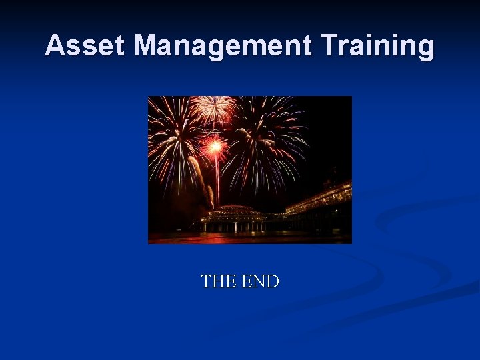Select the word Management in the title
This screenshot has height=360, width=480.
coord(223,46)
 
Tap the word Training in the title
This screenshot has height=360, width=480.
coord(377,46)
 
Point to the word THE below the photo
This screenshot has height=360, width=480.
coord(219,281)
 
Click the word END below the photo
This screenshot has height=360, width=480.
coord(260,281)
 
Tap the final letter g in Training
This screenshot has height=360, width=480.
coord(425,49)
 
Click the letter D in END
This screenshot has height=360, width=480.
coord(272,281)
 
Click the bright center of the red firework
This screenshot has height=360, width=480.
coord(215,145)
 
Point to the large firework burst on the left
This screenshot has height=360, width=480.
coord(175,140)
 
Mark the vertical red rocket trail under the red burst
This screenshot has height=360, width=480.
coord(217,177)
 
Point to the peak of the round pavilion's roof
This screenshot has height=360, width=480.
coord(232,207)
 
